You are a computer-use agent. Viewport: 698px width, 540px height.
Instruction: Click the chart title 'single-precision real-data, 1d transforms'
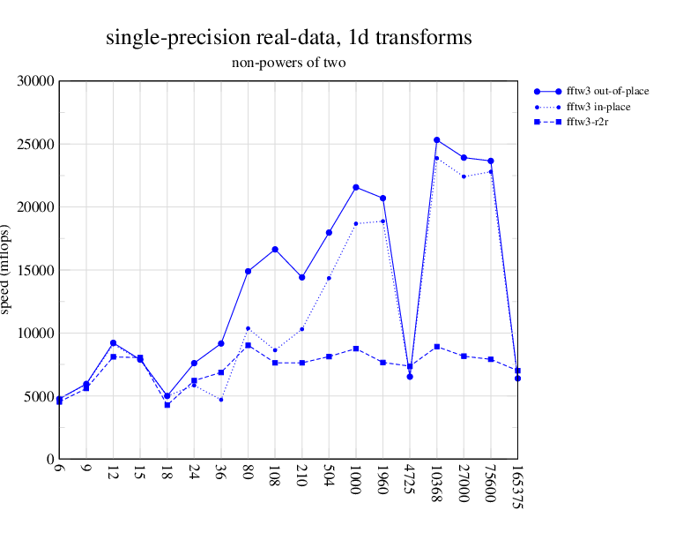(288, 38)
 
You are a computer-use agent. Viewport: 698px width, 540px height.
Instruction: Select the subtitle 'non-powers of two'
(289, 63)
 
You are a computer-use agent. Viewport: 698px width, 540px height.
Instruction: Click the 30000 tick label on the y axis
(37, 81)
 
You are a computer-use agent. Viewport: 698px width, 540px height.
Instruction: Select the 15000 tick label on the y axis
(37, 270)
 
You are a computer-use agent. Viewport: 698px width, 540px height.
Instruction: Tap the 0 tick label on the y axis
(50, 459)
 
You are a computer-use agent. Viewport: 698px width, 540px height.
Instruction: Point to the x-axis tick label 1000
(355, 482)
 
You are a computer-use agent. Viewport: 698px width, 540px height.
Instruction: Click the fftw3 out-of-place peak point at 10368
(436, 140)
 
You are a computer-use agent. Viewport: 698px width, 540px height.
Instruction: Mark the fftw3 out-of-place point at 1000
(356, 187)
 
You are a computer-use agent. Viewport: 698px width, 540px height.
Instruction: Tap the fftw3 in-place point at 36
(221, 400)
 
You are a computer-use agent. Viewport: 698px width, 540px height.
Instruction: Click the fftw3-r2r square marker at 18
(167, 405)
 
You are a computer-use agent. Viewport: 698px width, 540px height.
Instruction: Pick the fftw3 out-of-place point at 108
(275, 250)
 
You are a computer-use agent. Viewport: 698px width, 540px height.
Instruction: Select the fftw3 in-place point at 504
(329, 278)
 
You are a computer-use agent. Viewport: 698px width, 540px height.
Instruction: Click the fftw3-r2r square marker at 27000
(464, 356)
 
